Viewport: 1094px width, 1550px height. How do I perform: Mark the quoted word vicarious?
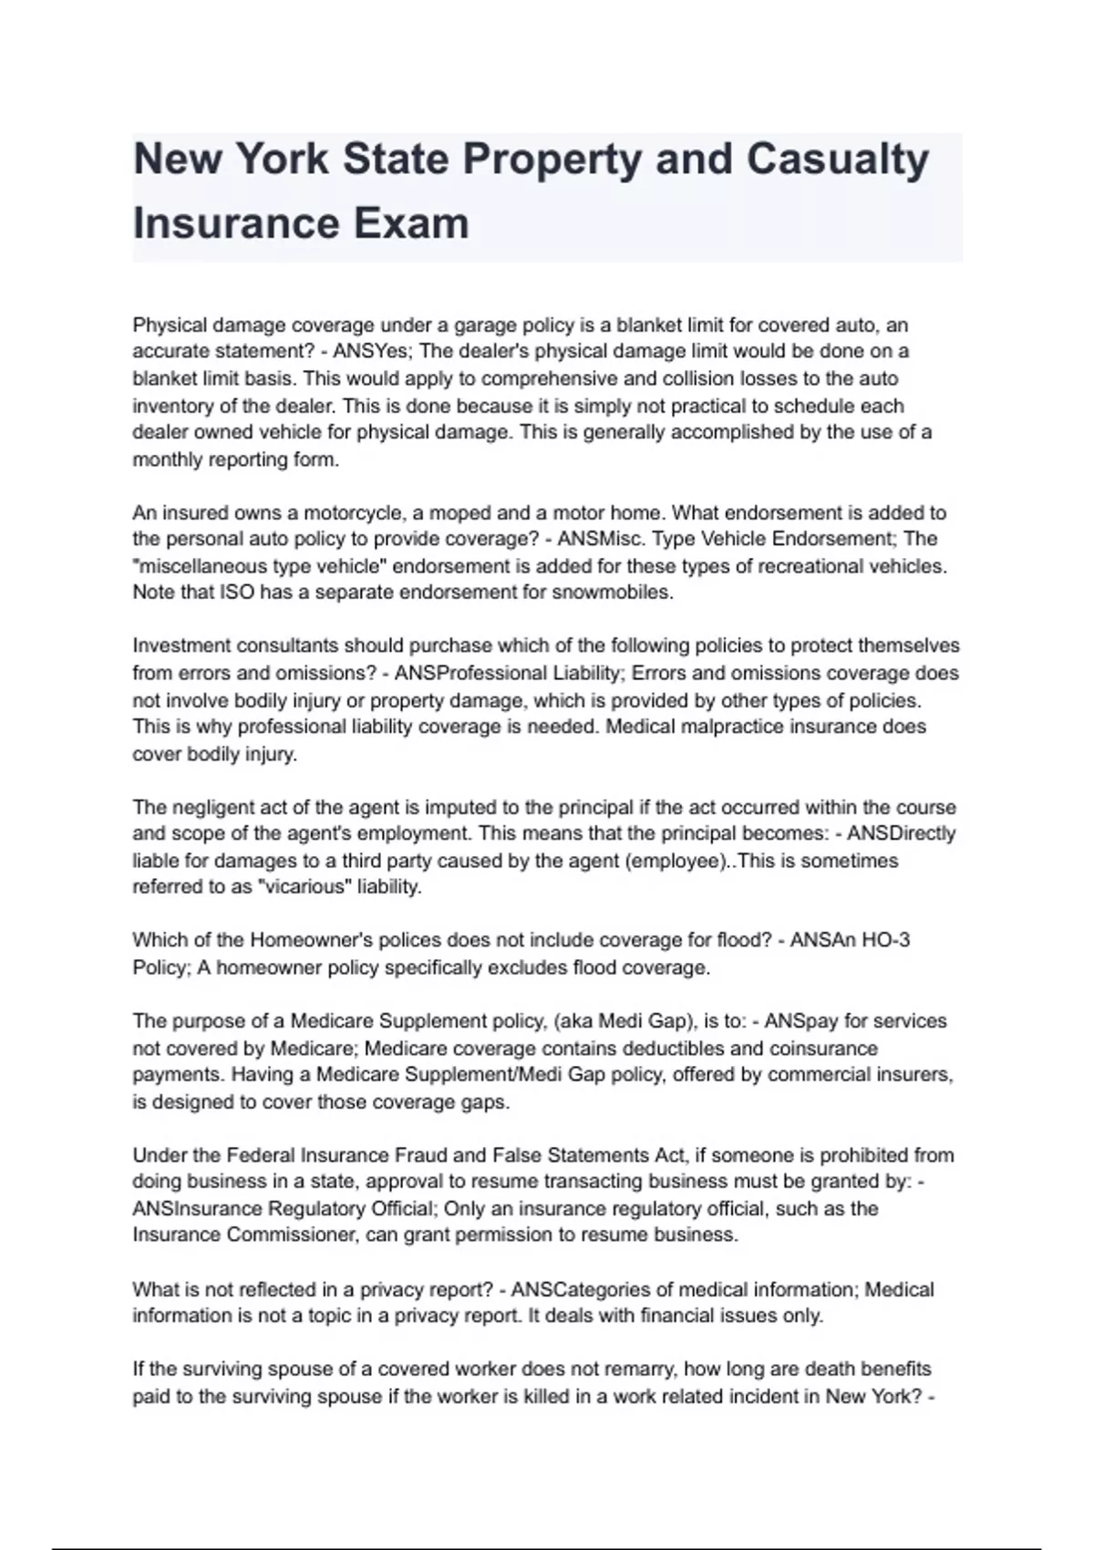tap(305, 887)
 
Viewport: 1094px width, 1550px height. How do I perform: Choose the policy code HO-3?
tap(886, 940)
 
